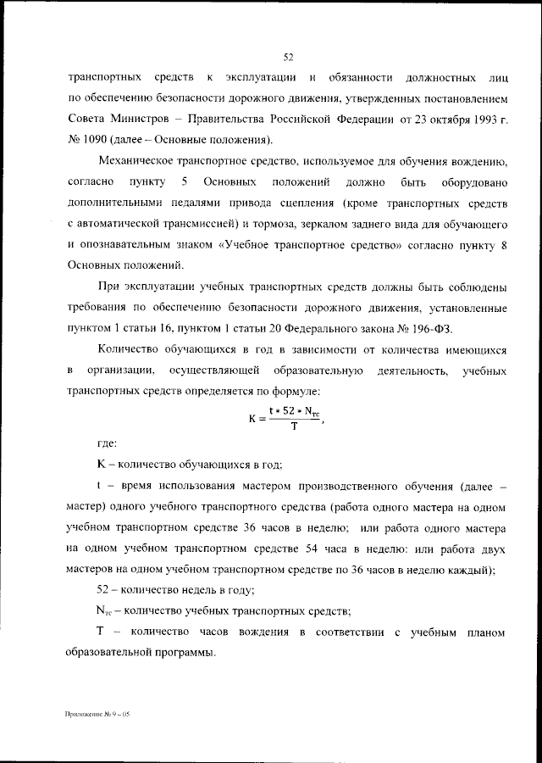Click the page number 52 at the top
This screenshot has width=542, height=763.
tap(288, 58)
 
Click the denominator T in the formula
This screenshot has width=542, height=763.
tap(293, 426)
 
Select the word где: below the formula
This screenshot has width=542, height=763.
tap(108, 443)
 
